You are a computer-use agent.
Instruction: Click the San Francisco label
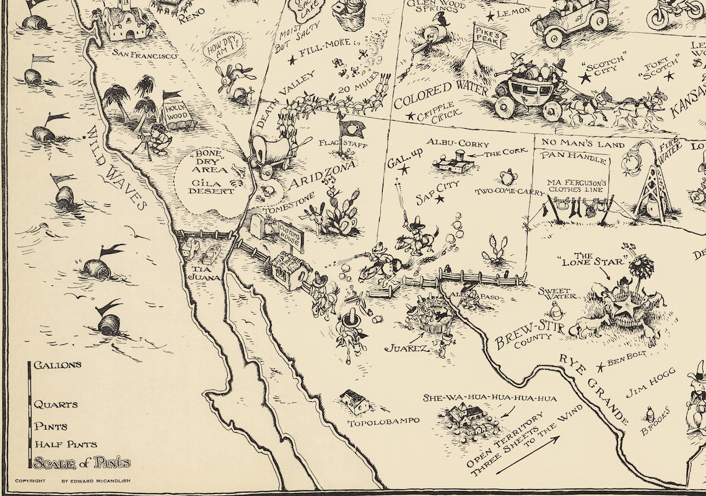click(145, 55)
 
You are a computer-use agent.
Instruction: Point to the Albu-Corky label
click(458, 144)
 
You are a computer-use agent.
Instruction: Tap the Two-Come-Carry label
click(510, 191)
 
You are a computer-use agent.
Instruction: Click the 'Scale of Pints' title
click(82, 463)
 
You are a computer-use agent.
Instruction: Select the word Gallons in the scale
click(57, 365)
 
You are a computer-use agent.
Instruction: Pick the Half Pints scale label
click(65, 444)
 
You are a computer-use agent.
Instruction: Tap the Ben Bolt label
click(627, 354)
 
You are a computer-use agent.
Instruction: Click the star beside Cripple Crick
click(409, 116)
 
